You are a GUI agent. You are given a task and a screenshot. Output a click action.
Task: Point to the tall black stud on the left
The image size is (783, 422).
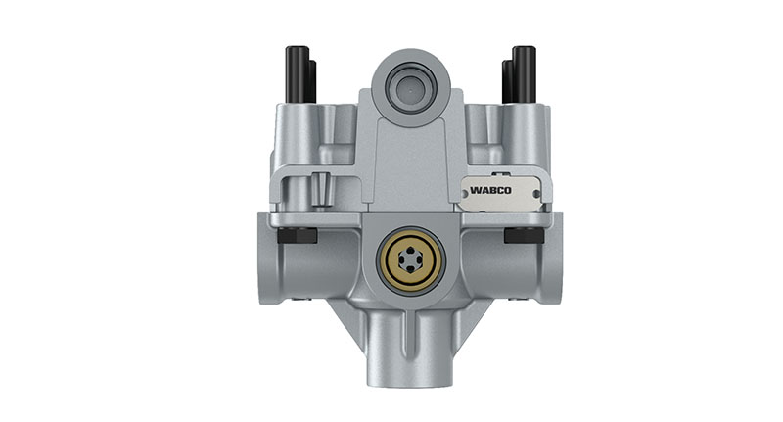pos(291,73)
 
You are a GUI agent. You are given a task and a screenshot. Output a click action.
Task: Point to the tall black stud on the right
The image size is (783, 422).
pos(524,73)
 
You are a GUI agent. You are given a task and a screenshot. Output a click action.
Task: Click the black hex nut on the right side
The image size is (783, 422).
pos(519,236)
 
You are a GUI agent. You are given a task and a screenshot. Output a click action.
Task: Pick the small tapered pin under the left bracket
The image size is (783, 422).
pos(321,185)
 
